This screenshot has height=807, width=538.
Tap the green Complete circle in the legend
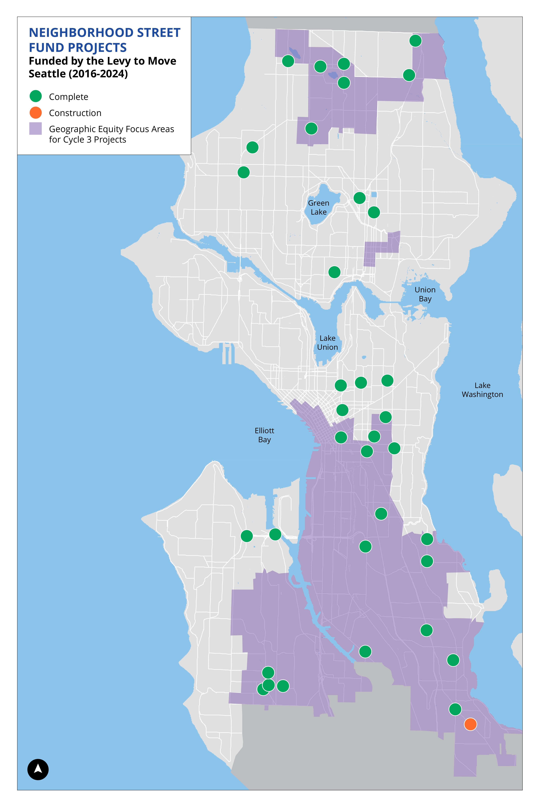point(36,96)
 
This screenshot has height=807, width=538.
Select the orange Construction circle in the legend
point(36,113)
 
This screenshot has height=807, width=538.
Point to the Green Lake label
point(318,208)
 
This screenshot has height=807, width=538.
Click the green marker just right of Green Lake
point(359,198)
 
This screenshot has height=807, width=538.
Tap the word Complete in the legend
point(69,97)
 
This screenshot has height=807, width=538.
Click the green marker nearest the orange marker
point(455,709)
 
